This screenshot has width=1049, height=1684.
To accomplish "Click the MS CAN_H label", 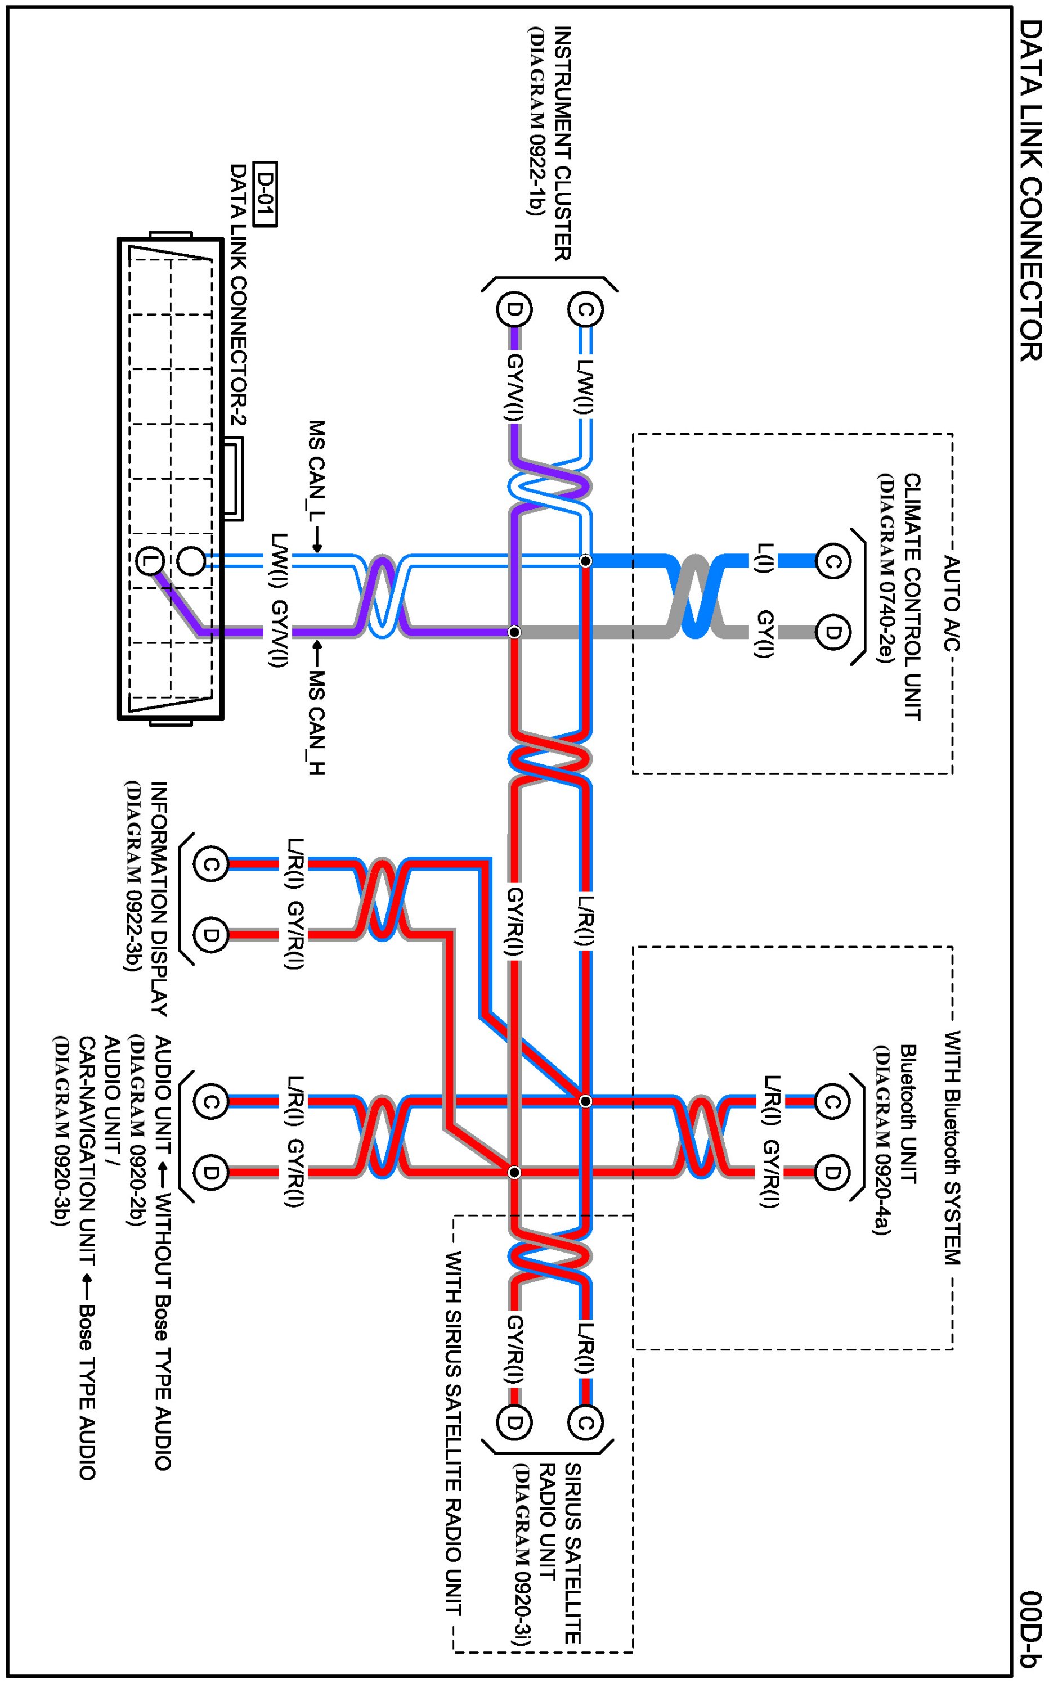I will point(317,721).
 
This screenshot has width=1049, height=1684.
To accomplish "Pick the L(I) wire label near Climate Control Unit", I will point(763,560).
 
